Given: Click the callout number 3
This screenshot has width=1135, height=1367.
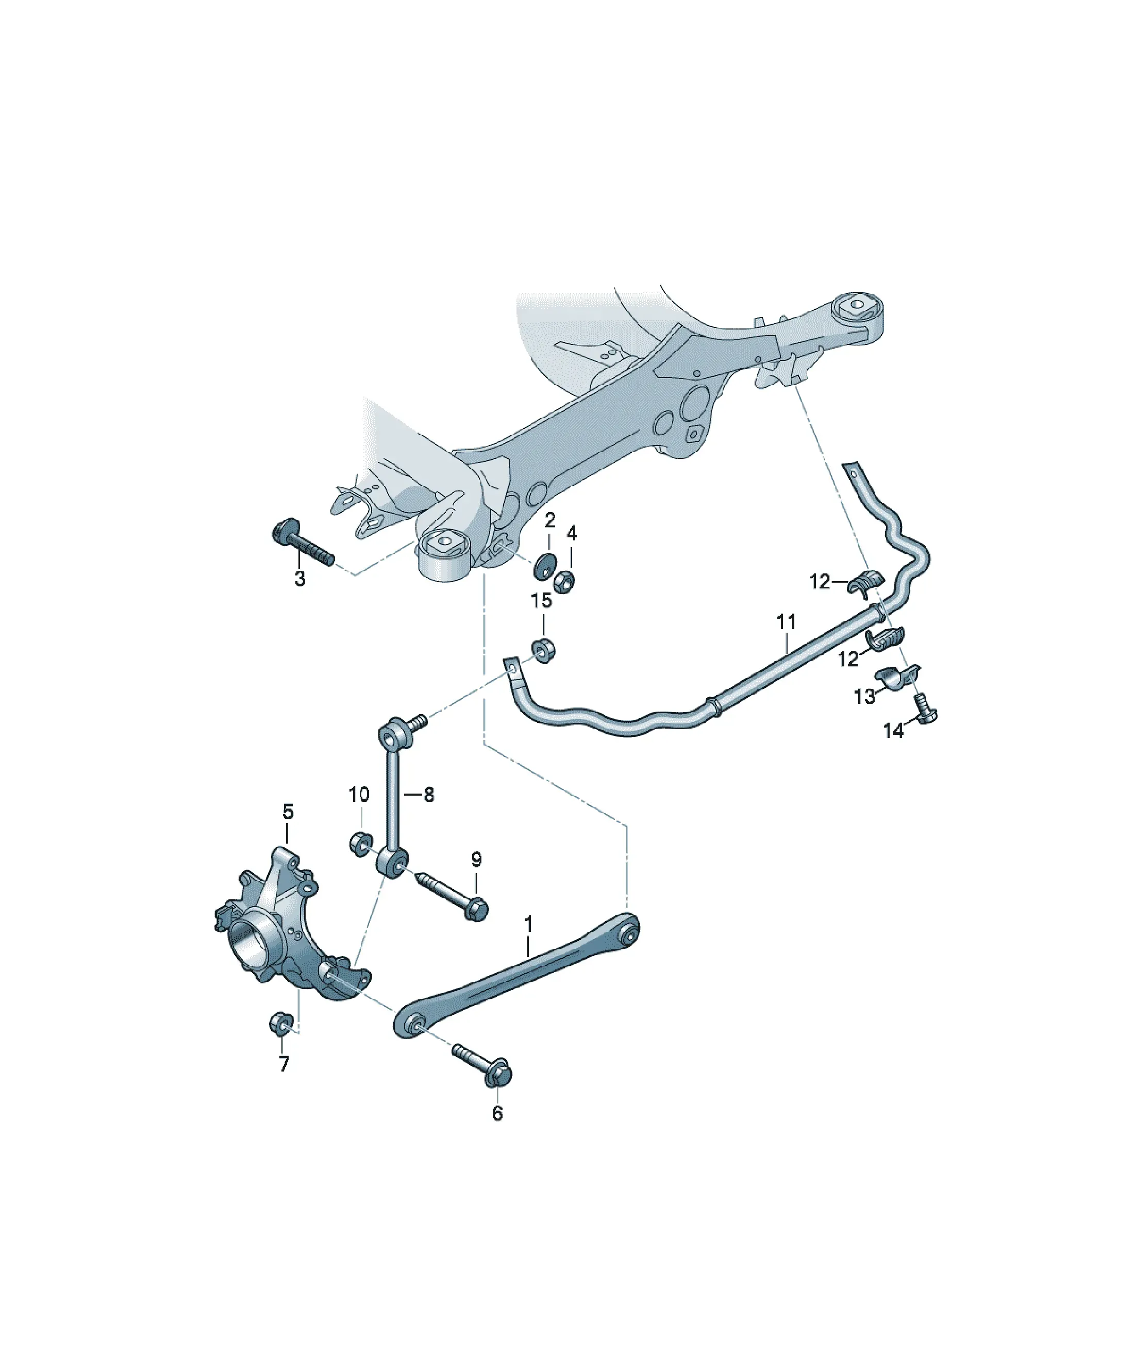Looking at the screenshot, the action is click(299, 578).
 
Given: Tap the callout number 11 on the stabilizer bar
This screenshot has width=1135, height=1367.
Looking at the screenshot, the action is click(786, 622).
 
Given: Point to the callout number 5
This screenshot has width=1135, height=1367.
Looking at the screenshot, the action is click(288, 812).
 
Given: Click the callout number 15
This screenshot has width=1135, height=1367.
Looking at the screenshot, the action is click(541, 600).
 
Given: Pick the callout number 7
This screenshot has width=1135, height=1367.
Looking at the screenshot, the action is click(283, 1064).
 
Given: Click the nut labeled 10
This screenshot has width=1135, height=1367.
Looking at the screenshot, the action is click(360, 844).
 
